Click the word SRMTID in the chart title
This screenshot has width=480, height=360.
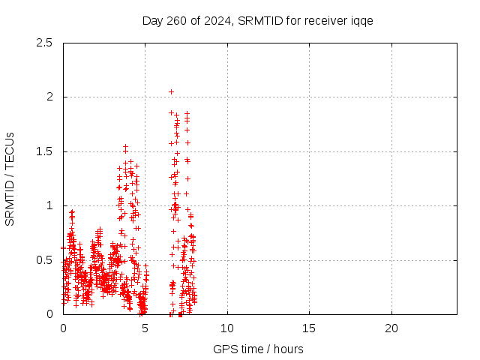click(x=256, y=20)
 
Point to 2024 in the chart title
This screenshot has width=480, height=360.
click(x=214, y=20)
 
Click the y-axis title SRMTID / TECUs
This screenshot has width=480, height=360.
click(x=10, y=178)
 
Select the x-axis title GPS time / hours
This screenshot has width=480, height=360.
click(x=257, y=349)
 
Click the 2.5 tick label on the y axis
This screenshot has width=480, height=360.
click(x=44, y=43)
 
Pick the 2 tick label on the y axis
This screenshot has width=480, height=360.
click(x=49, y=97)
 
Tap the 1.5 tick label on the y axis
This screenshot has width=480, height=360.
click(x=44, y=151)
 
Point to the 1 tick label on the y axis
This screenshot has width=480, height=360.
click(x=49, y=205)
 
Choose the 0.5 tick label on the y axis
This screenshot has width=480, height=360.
click(x=44, y=260)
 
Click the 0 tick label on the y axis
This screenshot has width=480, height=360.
click(x=49, y=314)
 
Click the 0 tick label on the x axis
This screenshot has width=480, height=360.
click(x=63, y=328)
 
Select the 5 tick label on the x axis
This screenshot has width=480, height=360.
click(x=145, y=328)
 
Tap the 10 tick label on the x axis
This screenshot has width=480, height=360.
click(x=227, y=328)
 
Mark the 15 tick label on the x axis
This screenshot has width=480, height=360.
click(x=309, y=328)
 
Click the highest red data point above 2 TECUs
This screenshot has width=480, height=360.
click(x=171, y=91)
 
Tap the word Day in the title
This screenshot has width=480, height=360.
click(x=151, y=20)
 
